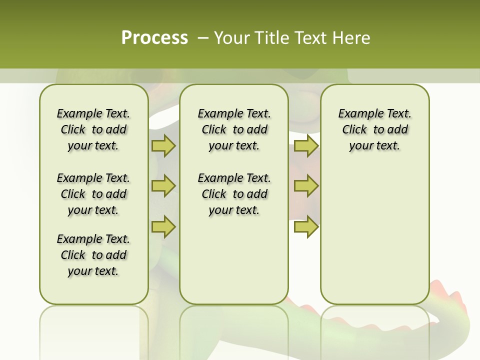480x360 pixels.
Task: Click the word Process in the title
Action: click(154, 37)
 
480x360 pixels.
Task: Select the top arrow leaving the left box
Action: click(163, 145)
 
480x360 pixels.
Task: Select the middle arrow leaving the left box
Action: click(163, 186)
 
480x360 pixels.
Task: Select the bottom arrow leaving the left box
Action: click(163, 226)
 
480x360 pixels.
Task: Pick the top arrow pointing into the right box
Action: click(306, 145)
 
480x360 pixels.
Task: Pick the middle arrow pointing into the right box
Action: click(306, 186)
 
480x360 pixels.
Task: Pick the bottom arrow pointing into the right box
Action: click(306, 226)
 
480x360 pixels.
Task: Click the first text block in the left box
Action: click(93, 129)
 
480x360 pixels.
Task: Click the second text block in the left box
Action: click(93, 194)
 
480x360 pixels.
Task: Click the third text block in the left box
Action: click(93, 255)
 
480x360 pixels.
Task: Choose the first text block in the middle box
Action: click(234, 129)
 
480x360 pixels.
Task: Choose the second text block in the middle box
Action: click(234, 194)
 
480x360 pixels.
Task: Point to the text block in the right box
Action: click(374, 129)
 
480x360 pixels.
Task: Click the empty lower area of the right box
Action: click(374, 235)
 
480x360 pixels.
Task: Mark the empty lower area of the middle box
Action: click(234, 260)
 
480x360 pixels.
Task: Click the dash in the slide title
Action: click(203, 37)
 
